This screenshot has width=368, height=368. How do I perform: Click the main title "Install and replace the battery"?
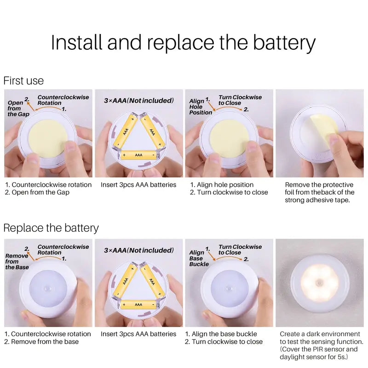(183, 43)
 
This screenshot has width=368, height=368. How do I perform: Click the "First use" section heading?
(23, 81)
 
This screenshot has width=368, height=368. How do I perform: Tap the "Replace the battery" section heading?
(51, 228)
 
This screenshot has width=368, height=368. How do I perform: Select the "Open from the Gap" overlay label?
(18, 109)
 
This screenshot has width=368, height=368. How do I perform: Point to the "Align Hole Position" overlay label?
(201, 107)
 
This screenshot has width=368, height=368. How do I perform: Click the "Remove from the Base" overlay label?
(17, 261)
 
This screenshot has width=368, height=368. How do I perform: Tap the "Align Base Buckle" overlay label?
(199, 258)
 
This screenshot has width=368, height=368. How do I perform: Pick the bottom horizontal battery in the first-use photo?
(138, 155)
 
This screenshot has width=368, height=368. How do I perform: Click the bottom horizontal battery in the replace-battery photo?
(138, 305)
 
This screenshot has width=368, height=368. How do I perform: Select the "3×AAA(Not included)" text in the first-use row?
(139, 100)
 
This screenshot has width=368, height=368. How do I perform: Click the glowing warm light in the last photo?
(319, 283)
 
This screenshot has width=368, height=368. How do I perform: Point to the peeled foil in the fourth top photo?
(324, 130)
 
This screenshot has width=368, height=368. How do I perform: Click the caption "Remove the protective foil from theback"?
(319, 189)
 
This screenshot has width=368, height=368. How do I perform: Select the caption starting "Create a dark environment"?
(321, 345)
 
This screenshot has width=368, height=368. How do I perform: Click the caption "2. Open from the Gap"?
(37, 192)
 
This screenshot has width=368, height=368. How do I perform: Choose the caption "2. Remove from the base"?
(41, 342)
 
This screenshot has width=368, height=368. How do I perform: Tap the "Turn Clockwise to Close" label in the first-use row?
(240, 100)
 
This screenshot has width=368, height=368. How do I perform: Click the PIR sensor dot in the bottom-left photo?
(47, 288)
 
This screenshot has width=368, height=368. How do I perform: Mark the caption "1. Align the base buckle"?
(221, 334)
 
